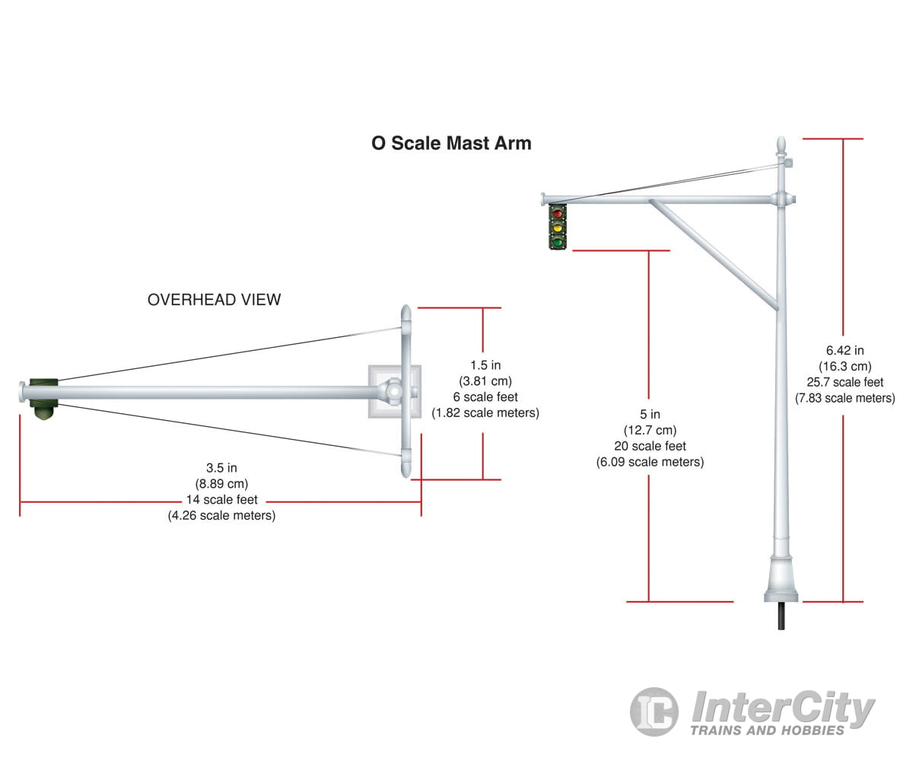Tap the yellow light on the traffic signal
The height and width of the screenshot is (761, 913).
pyautogui.click(x=558, y=228)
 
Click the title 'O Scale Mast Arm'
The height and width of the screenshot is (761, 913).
pyautogui.click(x=451, y=143)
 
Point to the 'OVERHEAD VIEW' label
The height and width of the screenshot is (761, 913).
pyautogui.click(x=214, y=300)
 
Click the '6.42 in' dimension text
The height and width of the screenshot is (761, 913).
pyautogui.click(x=845, y=351)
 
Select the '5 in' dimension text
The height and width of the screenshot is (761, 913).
pyautogui.click(x=649, y=415)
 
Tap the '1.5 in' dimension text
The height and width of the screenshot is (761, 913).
pyautogui.click(x=485, y=365)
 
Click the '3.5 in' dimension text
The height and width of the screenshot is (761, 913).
pyautogui.click(x=221, y=468)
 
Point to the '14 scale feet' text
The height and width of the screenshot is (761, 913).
pyautogui.click(x=221, y=500)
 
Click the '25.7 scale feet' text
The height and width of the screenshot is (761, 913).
pyautogui.click(x=845, y=382)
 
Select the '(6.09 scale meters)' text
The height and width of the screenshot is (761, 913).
pyautogui.click(x=649, y=462)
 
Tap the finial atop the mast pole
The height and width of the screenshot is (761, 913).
pyautogui.click(x=780, y=145)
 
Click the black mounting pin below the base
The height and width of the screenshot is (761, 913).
pyautogui.click(x=781, y=615)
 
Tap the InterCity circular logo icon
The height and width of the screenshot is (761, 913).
pyautogui.click(x=654, y=712)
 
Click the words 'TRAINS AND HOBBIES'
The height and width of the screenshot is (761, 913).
pyautogui.click(x=767, y=731)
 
